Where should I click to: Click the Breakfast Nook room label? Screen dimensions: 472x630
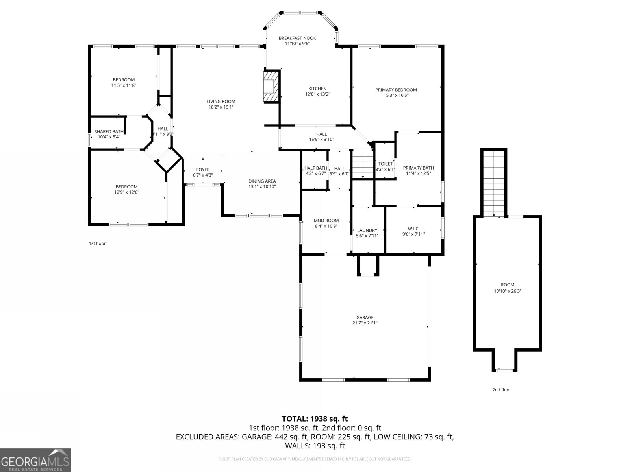click(297, 38)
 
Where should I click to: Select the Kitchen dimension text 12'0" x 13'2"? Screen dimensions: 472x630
click(317, 94)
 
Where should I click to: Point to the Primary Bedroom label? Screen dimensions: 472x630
click(396, 90)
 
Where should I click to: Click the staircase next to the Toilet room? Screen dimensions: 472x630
click(362, 164)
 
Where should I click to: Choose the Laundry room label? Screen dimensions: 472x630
click(367, 230)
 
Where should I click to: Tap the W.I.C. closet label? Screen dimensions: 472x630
click(413, 229)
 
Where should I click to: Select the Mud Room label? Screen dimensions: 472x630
click(326, 221)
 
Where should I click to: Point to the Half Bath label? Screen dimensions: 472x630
click(315, 168)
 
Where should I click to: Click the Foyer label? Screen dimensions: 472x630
click(203, 170)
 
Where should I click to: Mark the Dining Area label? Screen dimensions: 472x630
click(262, 181)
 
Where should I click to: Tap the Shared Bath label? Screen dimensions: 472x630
click(109, 132)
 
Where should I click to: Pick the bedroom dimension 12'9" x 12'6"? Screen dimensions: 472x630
click(126, 192)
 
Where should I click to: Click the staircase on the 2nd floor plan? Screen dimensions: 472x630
click(493, 183)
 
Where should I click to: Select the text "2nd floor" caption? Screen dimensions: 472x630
click(501, 390)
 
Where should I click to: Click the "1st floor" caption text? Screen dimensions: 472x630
click(97, 243)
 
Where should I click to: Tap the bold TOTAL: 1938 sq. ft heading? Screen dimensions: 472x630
click(315, 419)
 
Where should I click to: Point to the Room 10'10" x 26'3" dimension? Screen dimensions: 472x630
click(508, 291)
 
